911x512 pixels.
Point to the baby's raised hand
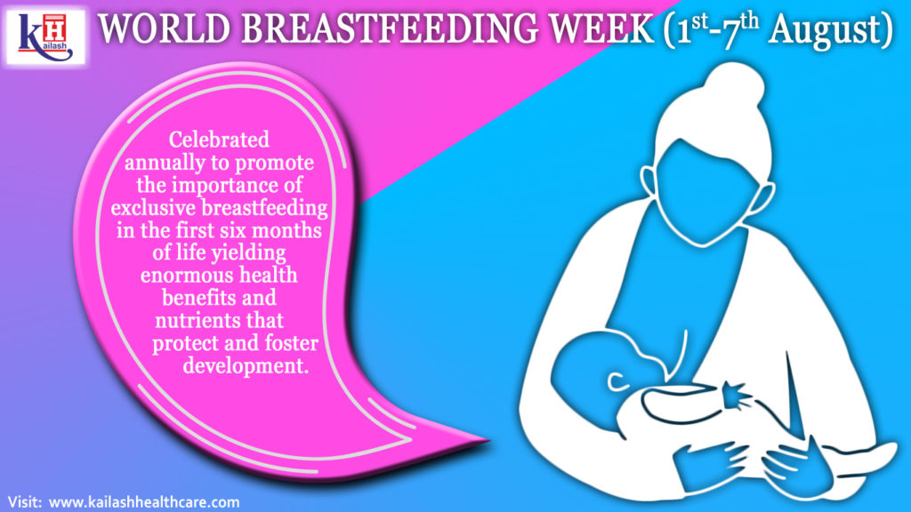[x=738, y=391]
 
